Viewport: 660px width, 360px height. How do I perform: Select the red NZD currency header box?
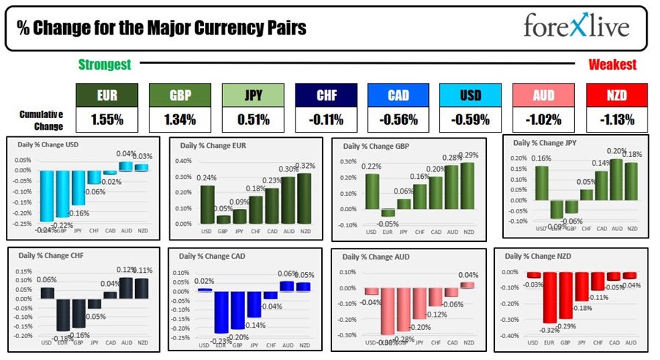617,95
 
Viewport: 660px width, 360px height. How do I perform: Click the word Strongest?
105,65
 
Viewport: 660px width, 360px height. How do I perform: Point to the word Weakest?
612,65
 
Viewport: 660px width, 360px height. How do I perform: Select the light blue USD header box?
471,95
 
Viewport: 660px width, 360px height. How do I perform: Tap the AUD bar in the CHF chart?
127,287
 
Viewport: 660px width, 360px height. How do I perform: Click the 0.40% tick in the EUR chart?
183,161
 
